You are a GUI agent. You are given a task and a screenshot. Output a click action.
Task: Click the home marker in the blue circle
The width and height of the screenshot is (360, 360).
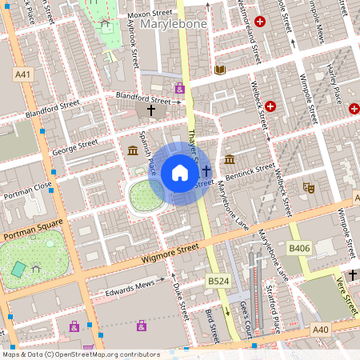tap(180, 173)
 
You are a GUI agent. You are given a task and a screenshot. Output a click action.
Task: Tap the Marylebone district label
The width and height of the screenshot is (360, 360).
tap(174, 26)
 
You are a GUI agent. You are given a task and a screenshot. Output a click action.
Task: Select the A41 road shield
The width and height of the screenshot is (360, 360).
tap(23, 74)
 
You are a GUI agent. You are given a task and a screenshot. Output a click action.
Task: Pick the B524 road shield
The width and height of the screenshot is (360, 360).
tap(218, 282)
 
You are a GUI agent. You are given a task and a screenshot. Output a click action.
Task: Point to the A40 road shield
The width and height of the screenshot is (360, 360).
tap(321, 329)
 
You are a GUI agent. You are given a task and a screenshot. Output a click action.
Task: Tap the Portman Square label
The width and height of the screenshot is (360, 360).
tap(32, 232)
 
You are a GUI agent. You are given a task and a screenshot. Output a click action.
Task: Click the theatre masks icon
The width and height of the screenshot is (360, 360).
tap(307, 187)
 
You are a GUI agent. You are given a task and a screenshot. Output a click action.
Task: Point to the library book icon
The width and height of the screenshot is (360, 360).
tap(220, 70)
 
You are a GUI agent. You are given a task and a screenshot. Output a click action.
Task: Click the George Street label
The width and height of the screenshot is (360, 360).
tap(74, 146)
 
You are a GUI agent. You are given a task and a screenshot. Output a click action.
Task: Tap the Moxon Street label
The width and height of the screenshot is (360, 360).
tap(151, 13)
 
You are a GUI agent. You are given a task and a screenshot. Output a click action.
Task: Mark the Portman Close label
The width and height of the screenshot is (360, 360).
tap(27, 188)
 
